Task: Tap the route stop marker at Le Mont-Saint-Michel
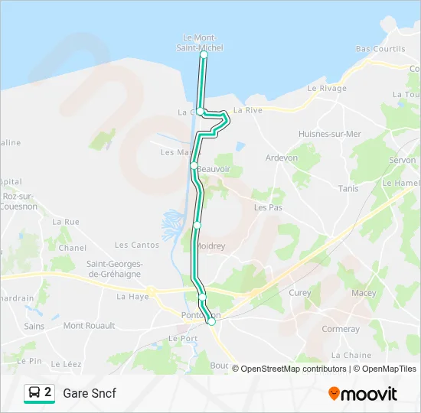[x=204, y=55]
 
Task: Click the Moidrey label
[x=211, y=246]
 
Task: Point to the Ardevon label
[x=281, y=158]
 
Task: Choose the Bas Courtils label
[x=380, y=49]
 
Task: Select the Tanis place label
[x=348, y=188]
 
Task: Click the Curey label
[x=300, y=293]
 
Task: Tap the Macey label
[x=364, y=293]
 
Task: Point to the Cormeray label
[x=341, y=329]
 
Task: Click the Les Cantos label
[x=137, y=246]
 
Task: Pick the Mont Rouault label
[x=89, y=326]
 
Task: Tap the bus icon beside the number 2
[x=35, y=393]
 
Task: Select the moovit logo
[x=363, y=394]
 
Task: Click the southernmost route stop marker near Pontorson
[x=211, y=321]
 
